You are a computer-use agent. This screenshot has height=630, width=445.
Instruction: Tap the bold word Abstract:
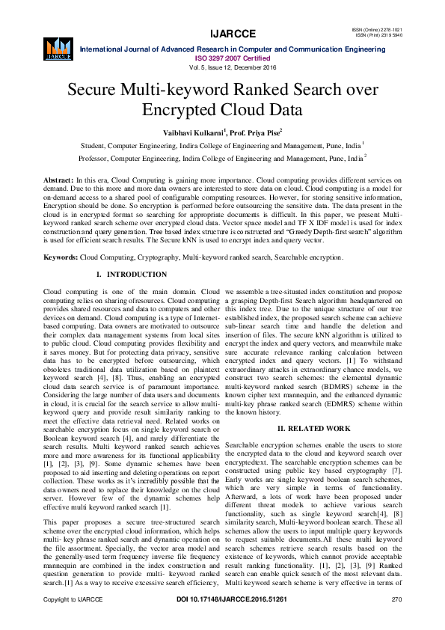click(58, 181)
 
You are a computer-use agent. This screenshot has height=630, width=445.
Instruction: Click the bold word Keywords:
click(61, 257)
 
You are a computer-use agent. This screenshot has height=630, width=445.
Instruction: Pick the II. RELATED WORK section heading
click(314, 428)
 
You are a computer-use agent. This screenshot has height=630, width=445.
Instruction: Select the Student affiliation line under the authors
click(222, 145)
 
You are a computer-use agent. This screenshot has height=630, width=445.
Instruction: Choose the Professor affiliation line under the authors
click(222, 159)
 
